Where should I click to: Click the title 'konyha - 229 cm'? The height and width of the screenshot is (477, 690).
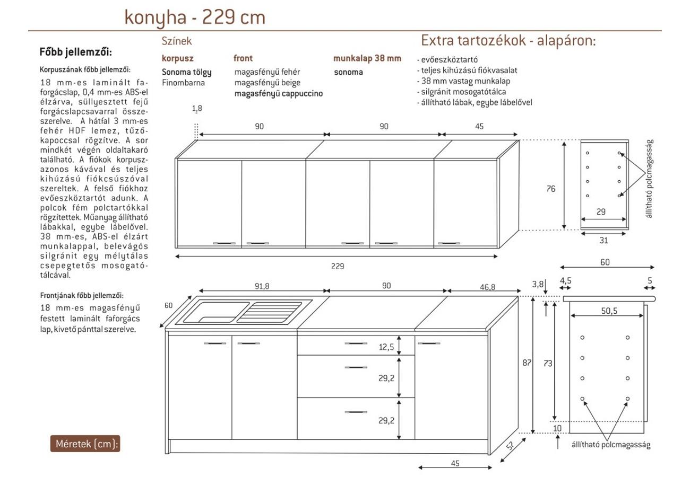[x=194, y=17]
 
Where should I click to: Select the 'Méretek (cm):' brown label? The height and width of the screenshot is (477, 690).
[x=85, y=444]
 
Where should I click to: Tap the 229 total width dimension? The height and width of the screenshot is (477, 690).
[x=338, y=266]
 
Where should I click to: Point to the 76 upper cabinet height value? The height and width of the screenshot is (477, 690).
[x=551, y=189]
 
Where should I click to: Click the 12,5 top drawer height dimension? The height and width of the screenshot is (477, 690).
[x=386, y=347]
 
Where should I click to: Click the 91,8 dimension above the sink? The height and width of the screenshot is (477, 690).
[x=262, y=286]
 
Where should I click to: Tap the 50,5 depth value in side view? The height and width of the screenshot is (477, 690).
[x=609, y=311]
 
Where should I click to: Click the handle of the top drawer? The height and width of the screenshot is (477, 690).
[x=356, y=343]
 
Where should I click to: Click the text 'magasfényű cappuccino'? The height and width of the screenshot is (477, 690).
[x=279, y=94]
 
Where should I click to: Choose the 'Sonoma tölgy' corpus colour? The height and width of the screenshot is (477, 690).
[x=186, y=72]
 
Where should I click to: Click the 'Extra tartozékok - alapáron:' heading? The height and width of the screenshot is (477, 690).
[x=508, y=40]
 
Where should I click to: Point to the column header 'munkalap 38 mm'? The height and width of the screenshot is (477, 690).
[x=367, y=58]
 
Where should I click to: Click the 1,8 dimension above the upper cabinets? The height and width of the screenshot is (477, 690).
[x=197, y=109]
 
